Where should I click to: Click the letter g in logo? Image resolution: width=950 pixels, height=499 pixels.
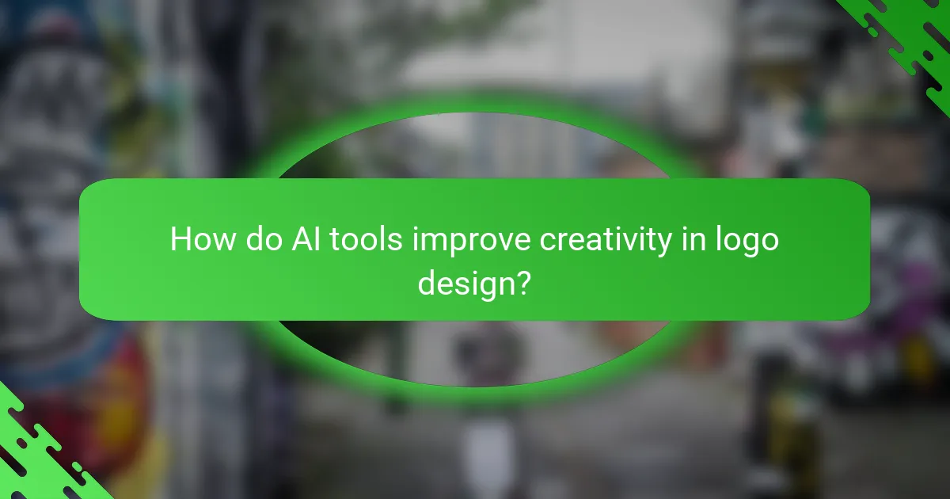(756, 243)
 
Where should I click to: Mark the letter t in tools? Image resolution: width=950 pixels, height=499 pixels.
(331, 239)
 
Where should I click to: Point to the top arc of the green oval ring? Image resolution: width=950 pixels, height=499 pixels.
(475, 106)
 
